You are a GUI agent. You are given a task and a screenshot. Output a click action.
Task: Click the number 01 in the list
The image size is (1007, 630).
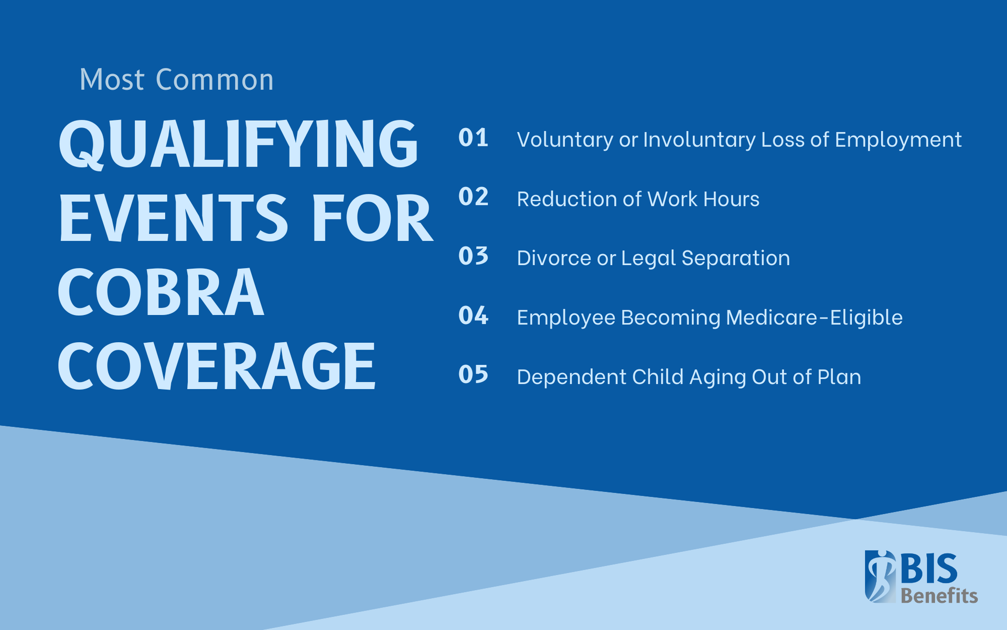click(x=473, y=138)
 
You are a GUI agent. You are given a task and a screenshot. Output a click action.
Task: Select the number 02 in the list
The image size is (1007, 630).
click(x=473, y=197)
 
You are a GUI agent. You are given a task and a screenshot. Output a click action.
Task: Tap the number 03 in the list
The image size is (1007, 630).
click(x=473, y=256)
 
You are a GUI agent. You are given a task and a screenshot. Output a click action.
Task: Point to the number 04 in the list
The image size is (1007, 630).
click(x=473, y=316)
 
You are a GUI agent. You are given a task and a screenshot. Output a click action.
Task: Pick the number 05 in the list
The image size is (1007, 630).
click(x=473, y=375)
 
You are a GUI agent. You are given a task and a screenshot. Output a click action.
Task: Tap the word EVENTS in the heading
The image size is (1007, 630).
click(x=173, y=218)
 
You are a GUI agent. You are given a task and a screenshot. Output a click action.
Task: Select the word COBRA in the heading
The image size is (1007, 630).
click(x=160, y=292)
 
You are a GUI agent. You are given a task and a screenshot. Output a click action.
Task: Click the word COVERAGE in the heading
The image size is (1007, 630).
click(x=217, y=366)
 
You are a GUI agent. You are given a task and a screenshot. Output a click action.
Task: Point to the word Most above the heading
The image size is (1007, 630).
click(x=112, y=80)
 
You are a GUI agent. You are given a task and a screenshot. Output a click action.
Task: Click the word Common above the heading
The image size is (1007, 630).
click(x=215, y=80)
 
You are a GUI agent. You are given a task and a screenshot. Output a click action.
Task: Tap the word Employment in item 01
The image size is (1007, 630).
click(x=898, y=140)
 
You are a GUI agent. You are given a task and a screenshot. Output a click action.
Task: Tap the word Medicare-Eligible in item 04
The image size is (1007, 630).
click(x=814, y=318)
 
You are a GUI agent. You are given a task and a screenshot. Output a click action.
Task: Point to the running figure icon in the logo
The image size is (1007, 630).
click(x=880, y=576)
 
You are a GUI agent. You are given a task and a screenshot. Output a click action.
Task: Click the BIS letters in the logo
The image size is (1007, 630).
click(x=929, y=568)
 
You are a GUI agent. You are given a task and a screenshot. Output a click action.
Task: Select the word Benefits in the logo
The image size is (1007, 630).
click(x=939, y=596)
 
